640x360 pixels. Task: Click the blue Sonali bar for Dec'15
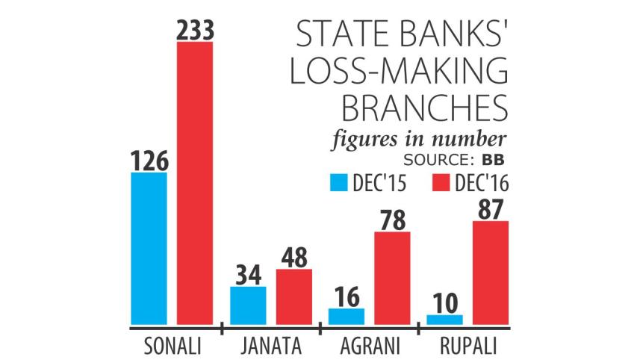149,249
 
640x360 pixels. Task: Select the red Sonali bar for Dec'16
195,184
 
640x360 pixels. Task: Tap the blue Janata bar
248,305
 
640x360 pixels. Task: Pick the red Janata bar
294,297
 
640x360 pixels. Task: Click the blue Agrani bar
346,317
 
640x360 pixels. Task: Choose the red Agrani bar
392,279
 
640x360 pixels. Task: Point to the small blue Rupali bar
444,320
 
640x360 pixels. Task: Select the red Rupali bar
490,273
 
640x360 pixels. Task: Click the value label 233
195,30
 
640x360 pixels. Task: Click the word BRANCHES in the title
423,109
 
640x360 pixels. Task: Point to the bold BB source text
493,159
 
